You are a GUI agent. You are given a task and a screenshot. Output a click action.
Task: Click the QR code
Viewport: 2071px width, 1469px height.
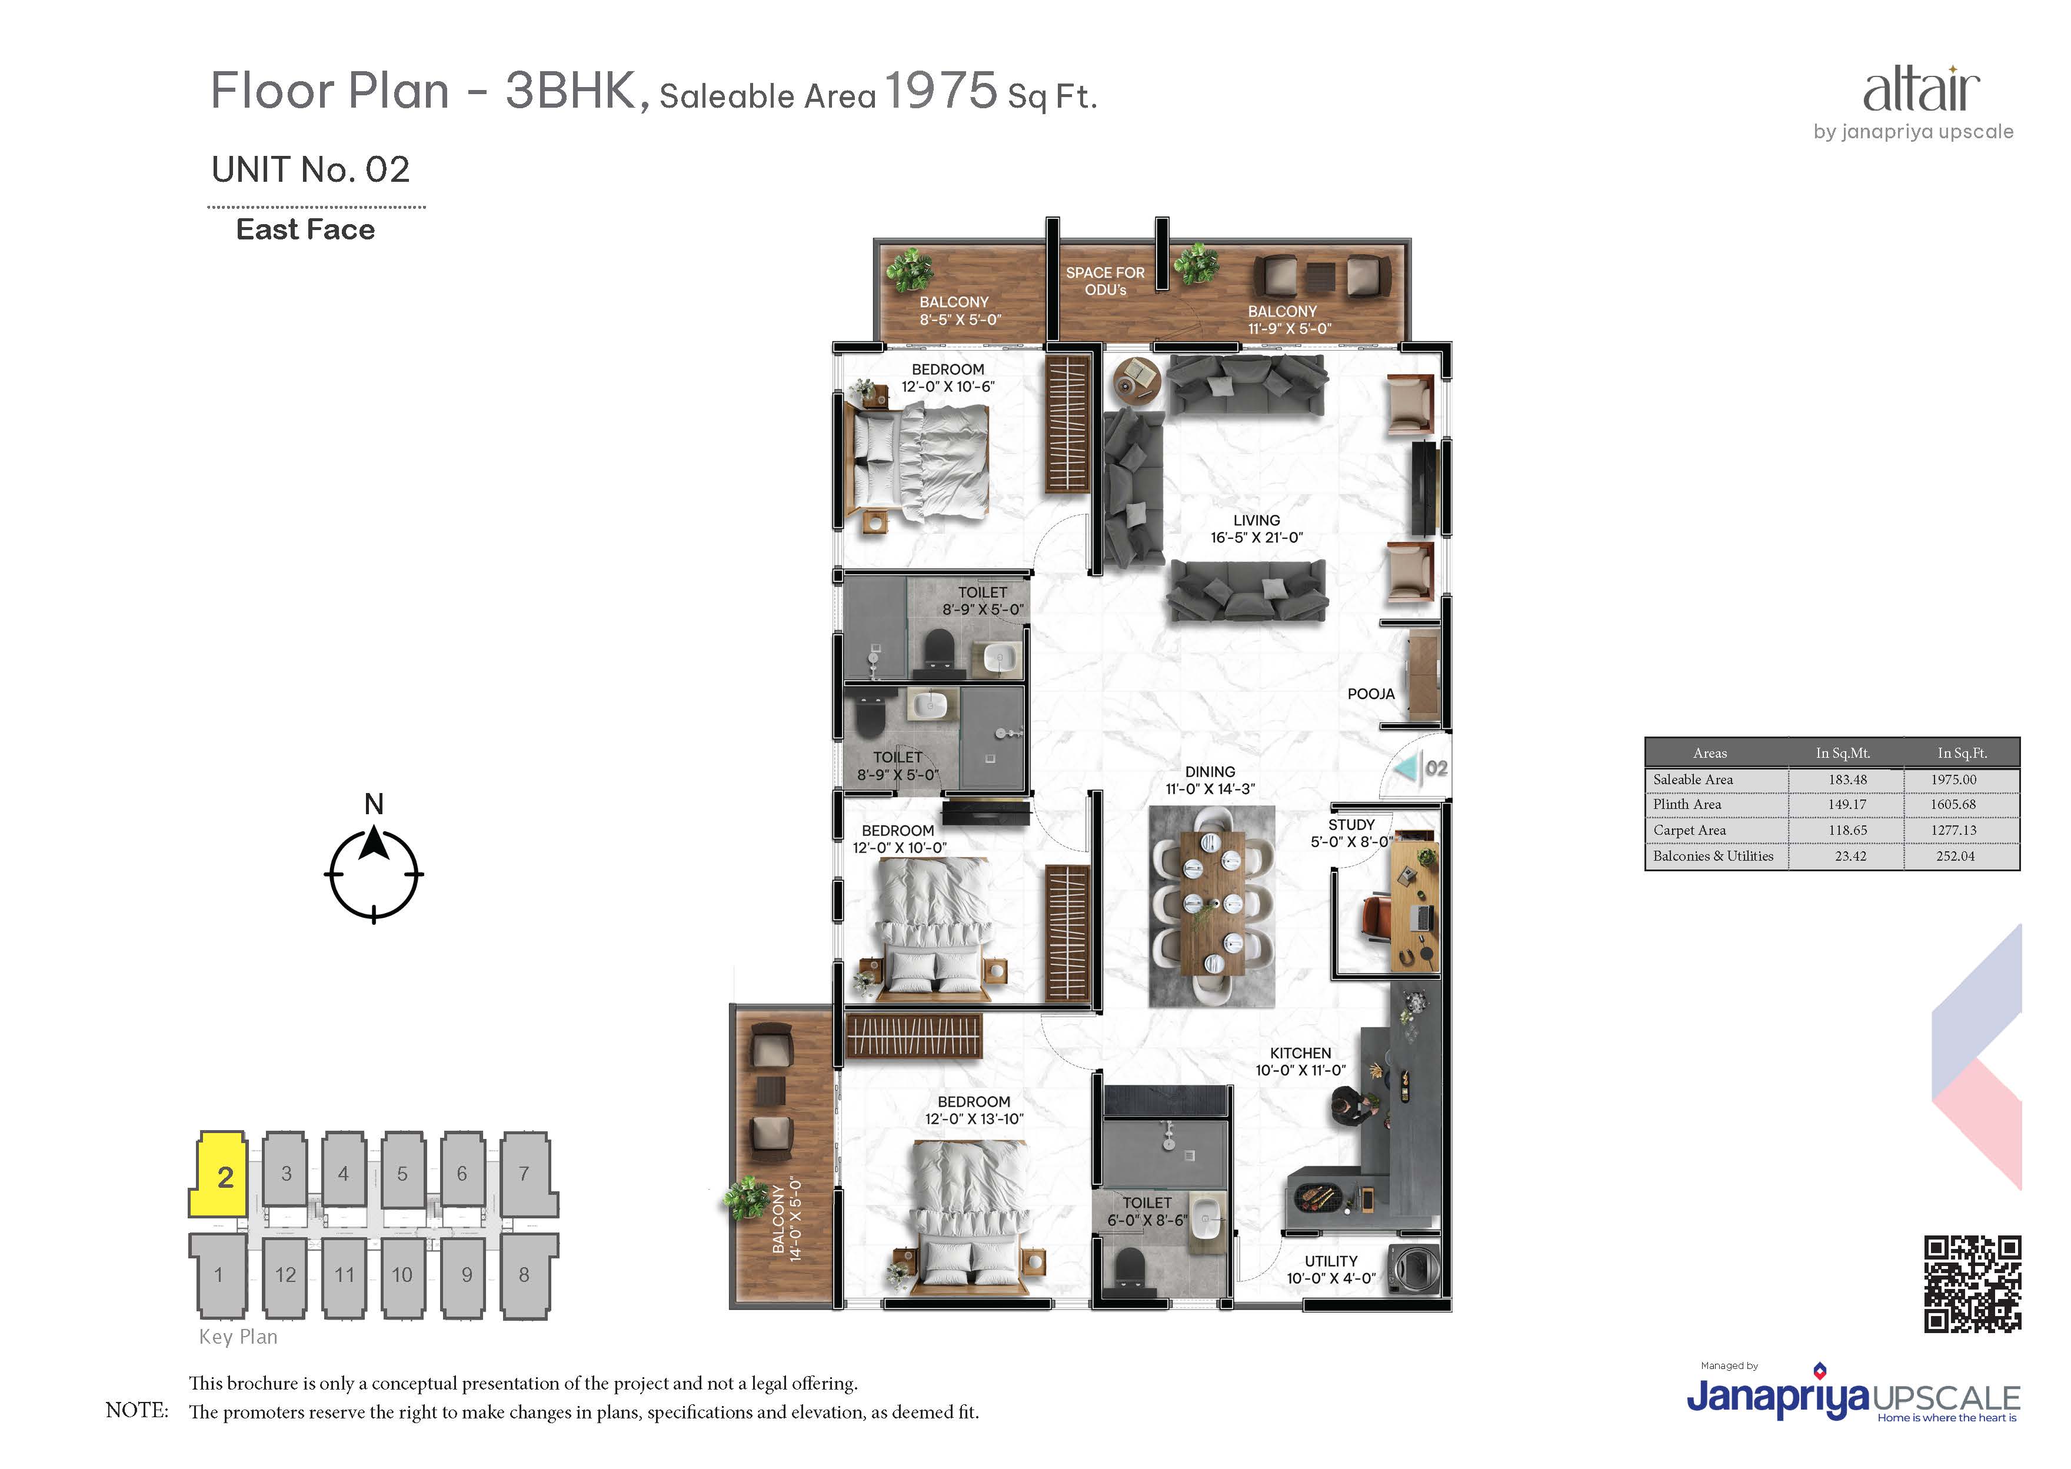pos(1972,1284)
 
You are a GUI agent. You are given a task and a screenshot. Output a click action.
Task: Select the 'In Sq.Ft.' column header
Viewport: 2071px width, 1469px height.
pos(1962,752)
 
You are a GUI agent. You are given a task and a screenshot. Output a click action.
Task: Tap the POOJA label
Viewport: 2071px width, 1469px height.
pos(1371,694)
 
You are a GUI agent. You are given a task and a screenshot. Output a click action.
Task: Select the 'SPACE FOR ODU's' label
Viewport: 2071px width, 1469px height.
pos(1105,281)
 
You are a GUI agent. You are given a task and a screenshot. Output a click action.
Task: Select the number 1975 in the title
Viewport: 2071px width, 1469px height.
pos(941,91)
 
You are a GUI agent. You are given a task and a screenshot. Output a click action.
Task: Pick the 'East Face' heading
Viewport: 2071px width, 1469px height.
pos(306,230)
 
